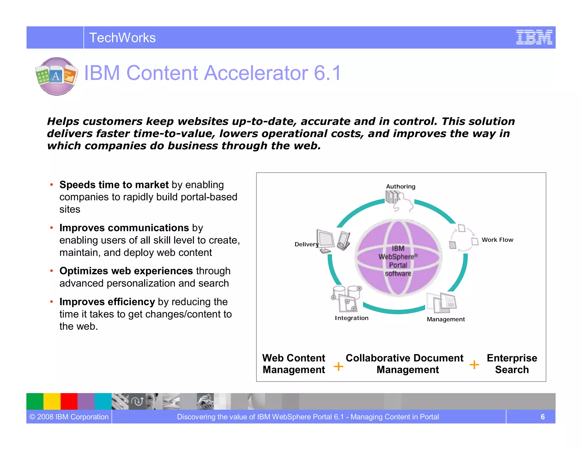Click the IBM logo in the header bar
coord(534,37)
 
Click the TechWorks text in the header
coord(122,38)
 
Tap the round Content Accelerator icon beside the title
coord(57,76)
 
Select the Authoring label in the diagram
coord(400,187)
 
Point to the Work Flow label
coord(497,240)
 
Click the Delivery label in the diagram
coord(306,244)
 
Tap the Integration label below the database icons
coord(352,318)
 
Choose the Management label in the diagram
coord(446,319)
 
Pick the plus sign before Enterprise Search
coord(474,364)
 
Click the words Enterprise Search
coord(512,364)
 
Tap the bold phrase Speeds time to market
coord(114,185)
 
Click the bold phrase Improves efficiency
coord(107,302)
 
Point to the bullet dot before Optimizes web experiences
coord(51,271)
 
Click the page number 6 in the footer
coord(542,417)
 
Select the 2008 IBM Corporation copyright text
coord(69,417)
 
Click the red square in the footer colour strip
coord(69,401)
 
